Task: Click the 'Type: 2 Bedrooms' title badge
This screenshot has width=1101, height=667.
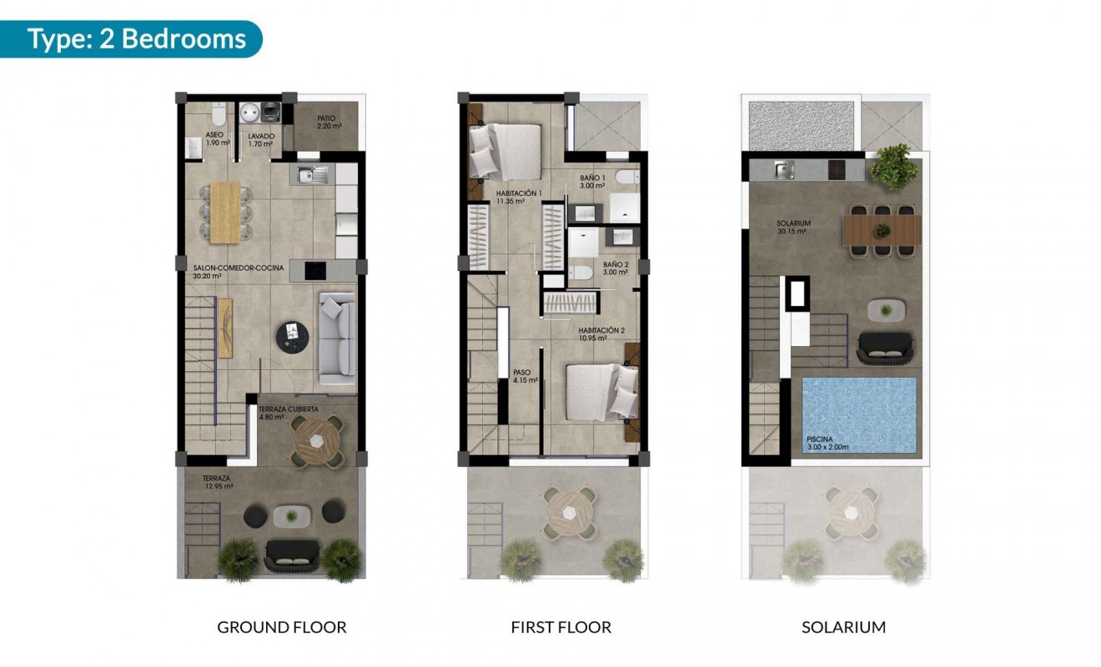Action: pyautogui.click(x=136, y=39)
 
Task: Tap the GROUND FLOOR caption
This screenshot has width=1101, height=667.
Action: pyautogui.click(x=281, y=627)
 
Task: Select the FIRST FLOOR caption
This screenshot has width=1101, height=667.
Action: pyautogui.click(x=561, y=627)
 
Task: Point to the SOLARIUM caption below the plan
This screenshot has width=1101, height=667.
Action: pyautogui.click(x=843, y=627)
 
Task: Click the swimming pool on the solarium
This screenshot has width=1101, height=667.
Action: pyautogui.click(x=858, y=416)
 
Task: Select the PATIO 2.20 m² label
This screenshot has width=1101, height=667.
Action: pyautogui.click(x=325, y=123)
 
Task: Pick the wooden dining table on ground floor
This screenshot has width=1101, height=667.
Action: pyautogui.click(x=224, y=213)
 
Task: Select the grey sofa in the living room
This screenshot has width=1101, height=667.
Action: pyautogui.click(x=337, y=339)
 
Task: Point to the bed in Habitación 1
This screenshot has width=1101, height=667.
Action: pyautogui.click(x=505, y=151)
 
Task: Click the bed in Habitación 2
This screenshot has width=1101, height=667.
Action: pyautogui.click(x=600, y=392)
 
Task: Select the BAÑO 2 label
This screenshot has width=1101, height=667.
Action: pyautogui.click(x=616, y=268)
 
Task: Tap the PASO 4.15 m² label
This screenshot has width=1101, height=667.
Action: pyautogui.click(x=524, y=376)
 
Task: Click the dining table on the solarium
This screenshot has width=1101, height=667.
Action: pyautogui.click(x=882, y=229)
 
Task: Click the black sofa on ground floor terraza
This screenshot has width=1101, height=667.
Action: pyautogui.click(x=291, y=554)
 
